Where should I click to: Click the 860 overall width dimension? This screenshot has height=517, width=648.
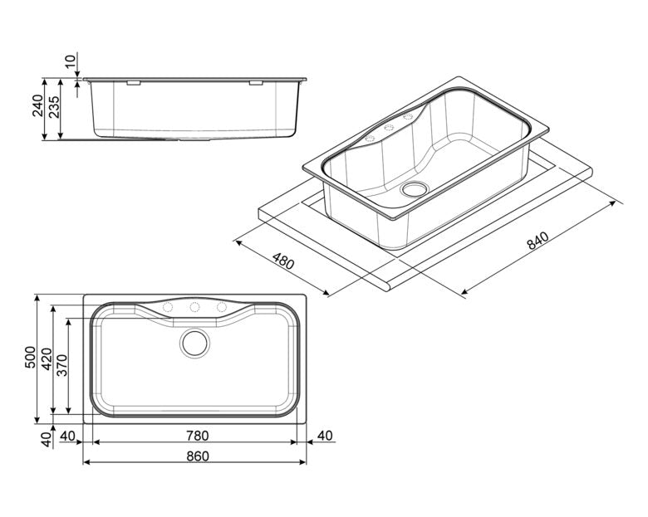tap(198, 456)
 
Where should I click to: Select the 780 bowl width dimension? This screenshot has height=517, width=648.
tap(198, 436)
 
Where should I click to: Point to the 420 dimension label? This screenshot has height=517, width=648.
tap(46, 358)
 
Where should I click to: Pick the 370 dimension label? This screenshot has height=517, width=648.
tap(61, 365)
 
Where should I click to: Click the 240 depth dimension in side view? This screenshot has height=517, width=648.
tap(37, 105)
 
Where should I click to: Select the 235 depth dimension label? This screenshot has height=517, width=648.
tap(54, 107)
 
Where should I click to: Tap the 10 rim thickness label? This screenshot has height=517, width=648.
tap(71, 61)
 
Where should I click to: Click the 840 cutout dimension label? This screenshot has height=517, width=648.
tap(538, 241)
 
